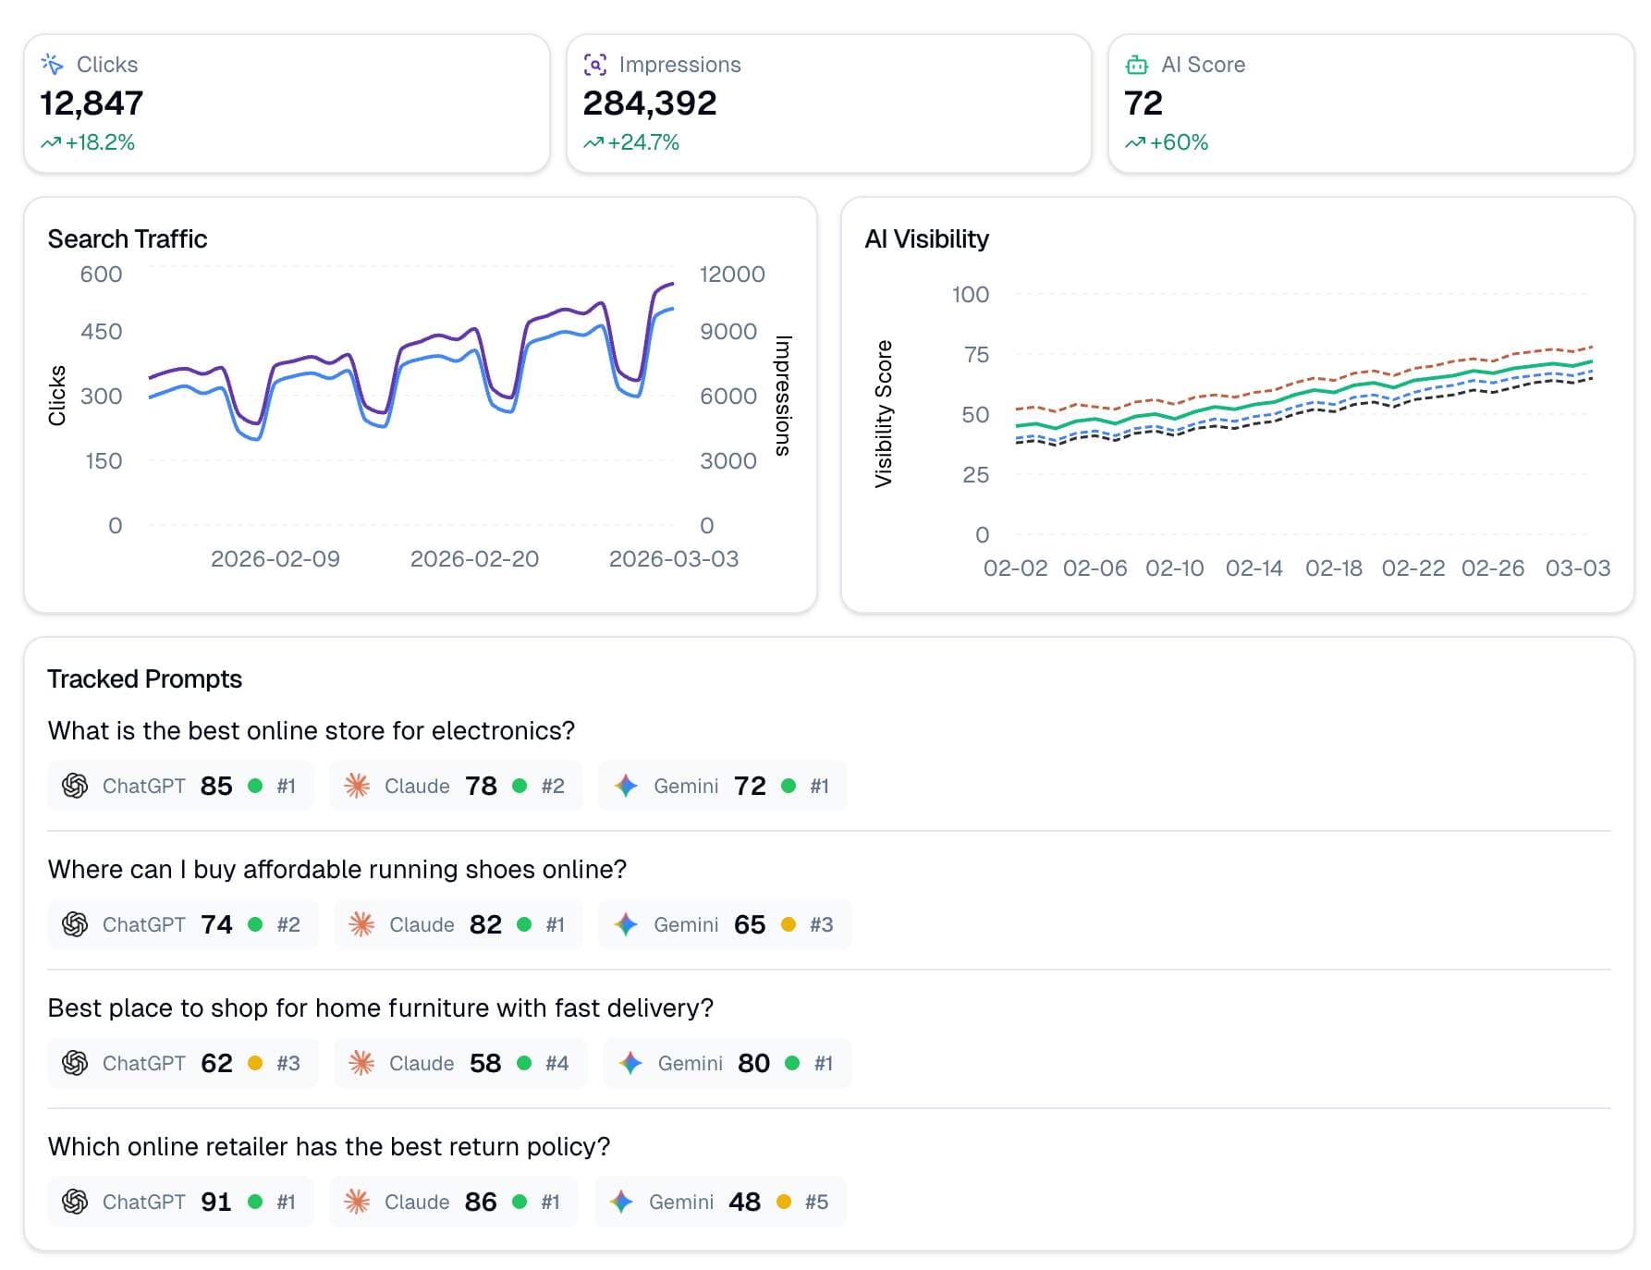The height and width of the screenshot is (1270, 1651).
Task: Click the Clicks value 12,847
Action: (x=92, y=104)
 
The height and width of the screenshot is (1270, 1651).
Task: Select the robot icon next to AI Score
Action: (x=1136, y=65)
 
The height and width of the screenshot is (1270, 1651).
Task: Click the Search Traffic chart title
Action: (x=128, y=238)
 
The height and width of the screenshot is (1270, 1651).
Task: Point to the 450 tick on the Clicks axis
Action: (x=101, y=331)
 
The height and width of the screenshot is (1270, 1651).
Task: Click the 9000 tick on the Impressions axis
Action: (x=728, y=331)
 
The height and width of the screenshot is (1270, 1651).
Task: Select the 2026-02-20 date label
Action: (x=474, y=558)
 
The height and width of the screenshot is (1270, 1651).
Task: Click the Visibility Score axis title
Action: (x=884, y=413)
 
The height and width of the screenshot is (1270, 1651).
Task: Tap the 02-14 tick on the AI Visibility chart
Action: (x=1254, y=568)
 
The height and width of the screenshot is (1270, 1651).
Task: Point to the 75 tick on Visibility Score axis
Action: (x=976, y=354)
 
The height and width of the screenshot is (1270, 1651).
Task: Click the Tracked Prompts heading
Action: (x=144, y=678)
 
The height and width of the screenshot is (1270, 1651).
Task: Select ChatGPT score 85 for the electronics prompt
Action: (x=216, y=786)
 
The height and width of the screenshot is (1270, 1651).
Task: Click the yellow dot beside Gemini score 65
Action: (x=789, y=924)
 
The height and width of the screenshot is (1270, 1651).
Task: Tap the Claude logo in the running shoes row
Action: (x=361, y=924)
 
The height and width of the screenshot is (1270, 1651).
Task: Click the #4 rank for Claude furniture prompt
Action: (x=556, y=1063)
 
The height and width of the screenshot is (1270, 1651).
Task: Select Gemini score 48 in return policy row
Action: (x=744, y=1202)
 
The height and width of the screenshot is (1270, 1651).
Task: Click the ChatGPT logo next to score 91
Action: (x=75, y=1202)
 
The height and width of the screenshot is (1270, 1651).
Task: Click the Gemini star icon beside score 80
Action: (x=631, y=1063)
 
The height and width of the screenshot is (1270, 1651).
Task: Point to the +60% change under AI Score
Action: (x=1178, y=142)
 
